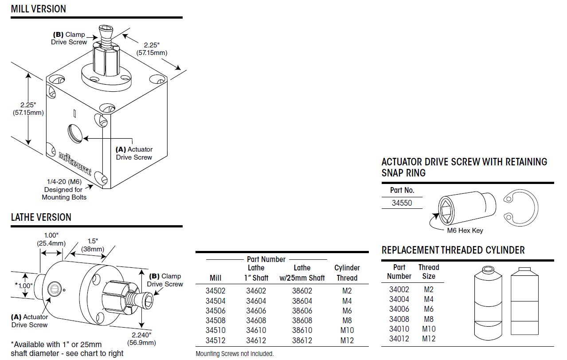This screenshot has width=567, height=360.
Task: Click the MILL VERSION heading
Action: coord(38,9)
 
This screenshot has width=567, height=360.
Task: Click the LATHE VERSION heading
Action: coord(41,217)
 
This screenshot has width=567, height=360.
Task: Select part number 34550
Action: coord(402,203)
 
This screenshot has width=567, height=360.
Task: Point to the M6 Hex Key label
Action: coord(465,231)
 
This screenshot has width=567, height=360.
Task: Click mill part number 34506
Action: coord(215,311)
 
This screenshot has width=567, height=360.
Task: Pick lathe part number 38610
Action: coord(302,330)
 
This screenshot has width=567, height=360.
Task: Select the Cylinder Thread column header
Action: coord(347,273)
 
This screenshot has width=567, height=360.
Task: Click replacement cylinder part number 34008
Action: coord(399,319)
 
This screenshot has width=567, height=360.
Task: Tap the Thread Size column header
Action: coord(428,271)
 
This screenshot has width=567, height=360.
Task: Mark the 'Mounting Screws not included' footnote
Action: coord(235,354)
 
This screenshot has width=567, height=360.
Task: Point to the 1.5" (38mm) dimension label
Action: coord(92,245)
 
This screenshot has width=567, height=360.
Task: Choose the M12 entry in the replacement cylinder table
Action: coord(428,339)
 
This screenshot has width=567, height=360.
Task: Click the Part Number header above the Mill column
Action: coord(266,259)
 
